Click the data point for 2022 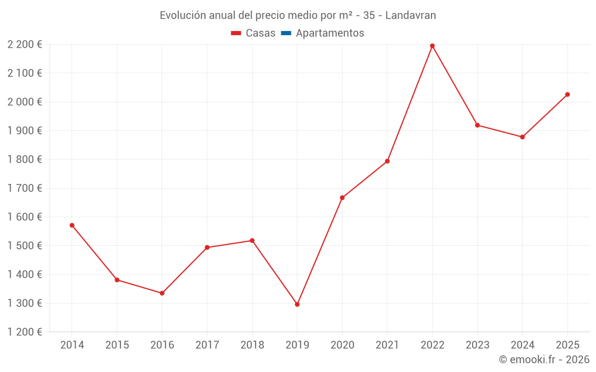coord(432,46)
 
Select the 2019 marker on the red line coord(297,304)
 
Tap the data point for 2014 coord(72,225)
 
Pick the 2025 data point coord(567,95)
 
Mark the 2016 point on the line coord(162,293)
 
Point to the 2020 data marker coord(342,198)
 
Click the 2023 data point coord(477,125)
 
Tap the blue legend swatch coord(286,33)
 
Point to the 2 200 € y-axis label coord(25,45)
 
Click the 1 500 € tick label coord(25,246)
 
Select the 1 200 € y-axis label coord(25,332)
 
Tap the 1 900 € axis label coord(25,131)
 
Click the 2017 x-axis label coord(207,345)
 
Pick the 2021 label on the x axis coord(387,345)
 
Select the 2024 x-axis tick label coord(522,345)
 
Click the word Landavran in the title coord(411,15)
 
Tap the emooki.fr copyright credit coord(544,360)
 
